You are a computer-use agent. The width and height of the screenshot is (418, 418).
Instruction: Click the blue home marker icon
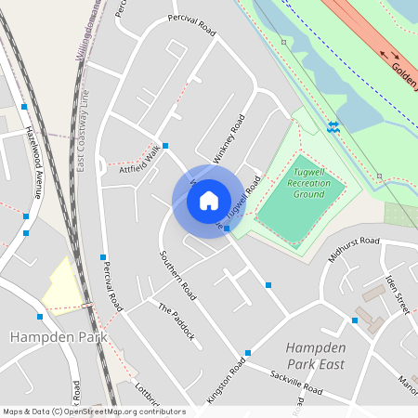pyautogui.click(x=209, y=201)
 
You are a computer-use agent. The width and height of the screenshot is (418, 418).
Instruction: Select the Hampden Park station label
pyautogui.click(x=47, y=335)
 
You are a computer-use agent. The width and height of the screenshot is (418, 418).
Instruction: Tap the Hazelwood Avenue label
pyautogui.click(x=33, y=162)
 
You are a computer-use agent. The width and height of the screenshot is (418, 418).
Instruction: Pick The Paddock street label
pyautogui.click(x=176, y=321)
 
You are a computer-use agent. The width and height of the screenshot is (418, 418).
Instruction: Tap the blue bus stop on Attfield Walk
pyautogui.click(x=165, y=146)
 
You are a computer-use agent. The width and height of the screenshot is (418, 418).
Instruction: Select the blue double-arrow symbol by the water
pyautogui.click(x=333, y=125)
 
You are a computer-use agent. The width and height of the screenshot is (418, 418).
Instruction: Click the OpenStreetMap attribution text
pyautogui.click(x=93, y=411)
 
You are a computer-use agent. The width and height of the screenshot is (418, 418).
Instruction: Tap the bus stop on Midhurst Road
pyautogui.click(x=354, y=320)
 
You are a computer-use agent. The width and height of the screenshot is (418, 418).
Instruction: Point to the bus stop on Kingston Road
pyautogui.click(x=248, y=353)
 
